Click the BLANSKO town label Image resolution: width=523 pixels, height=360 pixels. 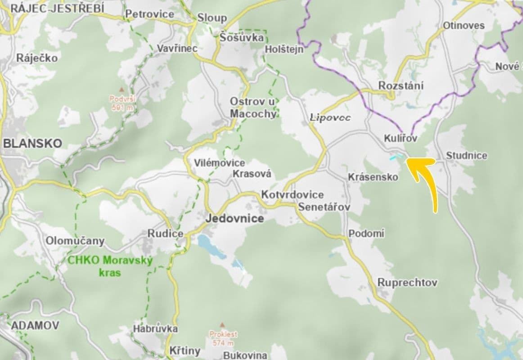click(32, 144)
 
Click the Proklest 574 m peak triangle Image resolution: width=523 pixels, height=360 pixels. click(222, 324)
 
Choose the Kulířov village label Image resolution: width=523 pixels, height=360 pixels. click(401, 139)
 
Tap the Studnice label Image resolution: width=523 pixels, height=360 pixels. click(466, 156)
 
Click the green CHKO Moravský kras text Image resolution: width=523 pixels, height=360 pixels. click(110, 266)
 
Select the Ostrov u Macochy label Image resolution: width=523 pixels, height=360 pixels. click(253, 108)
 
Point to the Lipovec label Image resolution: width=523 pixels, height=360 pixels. click(330, 118)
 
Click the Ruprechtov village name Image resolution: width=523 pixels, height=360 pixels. click(407, 283)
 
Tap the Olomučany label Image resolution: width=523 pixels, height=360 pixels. click(75, 241)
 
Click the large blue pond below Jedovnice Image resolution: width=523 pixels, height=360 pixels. click(207, 245)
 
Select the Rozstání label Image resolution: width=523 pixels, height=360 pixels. click(401, 86)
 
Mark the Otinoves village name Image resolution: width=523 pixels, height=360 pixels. click(464, 26)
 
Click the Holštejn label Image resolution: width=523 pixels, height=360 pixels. click(284, 49)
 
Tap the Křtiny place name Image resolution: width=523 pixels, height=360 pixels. click(185, 351)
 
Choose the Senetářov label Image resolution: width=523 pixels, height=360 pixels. click(324, 207)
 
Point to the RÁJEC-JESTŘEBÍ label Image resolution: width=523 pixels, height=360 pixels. click(57, 8)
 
